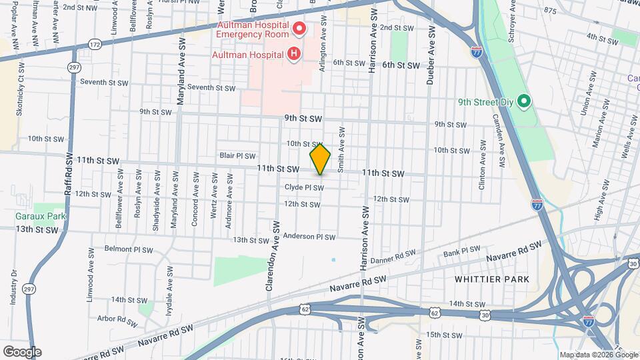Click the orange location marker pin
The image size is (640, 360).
tap(320, 159)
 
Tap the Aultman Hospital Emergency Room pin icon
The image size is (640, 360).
tap(299, 29)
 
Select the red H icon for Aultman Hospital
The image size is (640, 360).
tap(293, 54)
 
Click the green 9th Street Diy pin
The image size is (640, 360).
tap(524, 101)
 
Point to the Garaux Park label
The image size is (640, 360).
tap(41, 216)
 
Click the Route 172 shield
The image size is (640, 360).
tap(94, 45)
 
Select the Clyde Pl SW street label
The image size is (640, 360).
tap(304, 188)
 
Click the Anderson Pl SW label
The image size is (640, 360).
tap(309, 237)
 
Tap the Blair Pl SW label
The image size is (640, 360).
tap(238, 155)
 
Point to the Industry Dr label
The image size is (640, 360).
tap(13, 287)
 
